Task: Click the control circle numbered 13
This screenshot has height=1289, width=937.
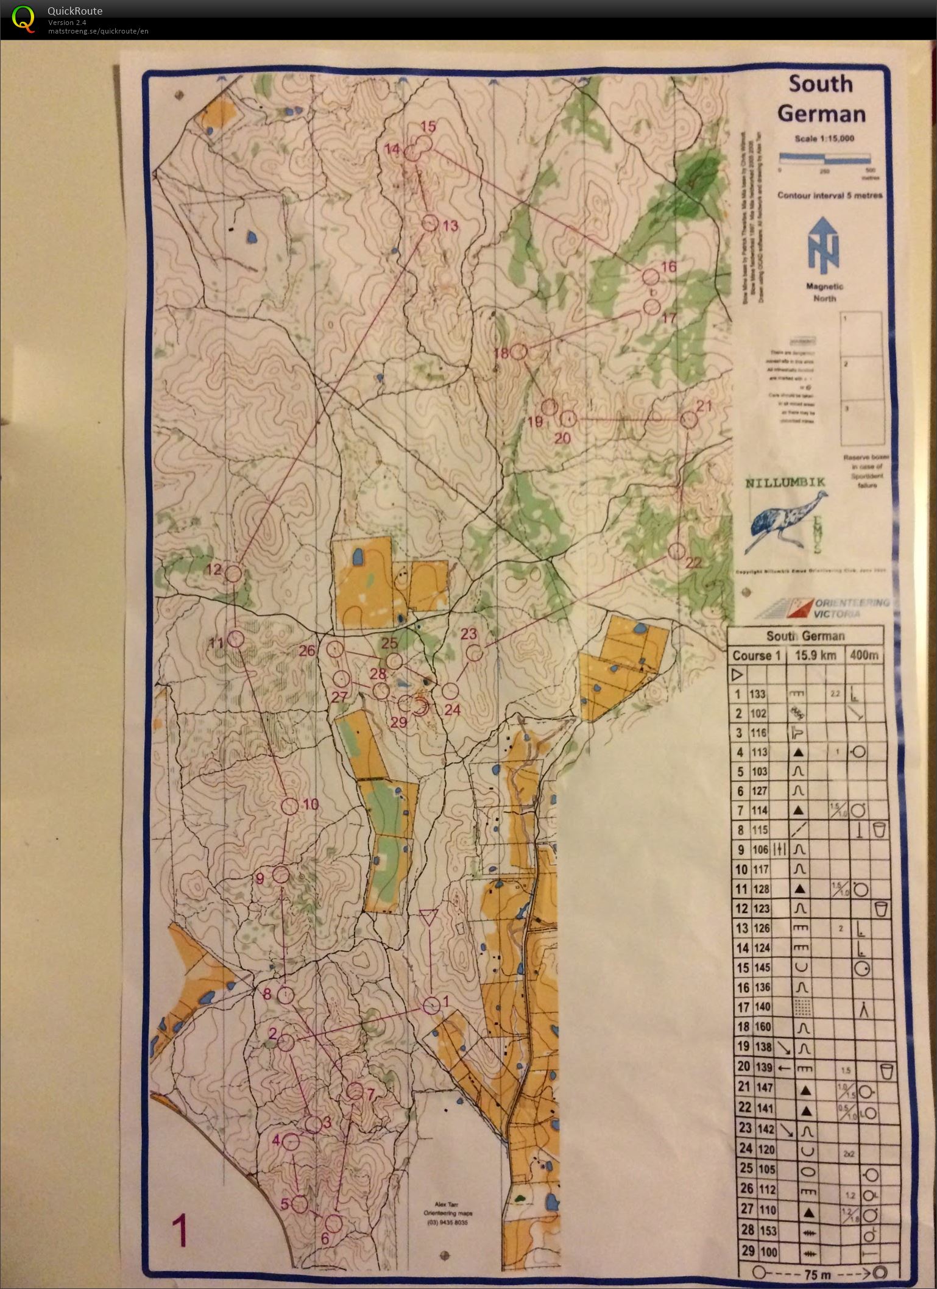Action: click(x=430, y=223)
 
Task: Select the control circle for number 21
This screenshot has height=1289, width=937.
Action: click(x=688, y=420)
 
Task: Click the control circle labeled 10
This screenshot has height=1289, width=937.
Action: click(x=290, y=806)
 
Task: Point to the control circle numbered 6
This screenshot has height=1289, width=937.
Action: click(x=333, y=1223)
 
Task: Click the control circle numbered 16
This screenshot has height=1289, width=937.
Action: click(x=651, y=277)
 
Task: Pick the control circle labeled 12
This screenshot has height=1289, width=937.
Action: click(x=233, y=573)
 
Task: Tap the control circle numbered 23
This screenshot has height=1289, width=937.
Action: click(x=474, y=653)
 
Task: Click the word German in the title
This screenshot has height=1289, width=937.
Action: click(x=821, y=114)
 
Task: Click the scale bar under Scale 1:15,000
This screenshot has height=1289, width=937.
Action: click(x=824, y=158)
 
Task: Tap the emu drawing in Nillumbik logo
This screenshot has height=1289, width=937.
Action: click(x=786, y=518)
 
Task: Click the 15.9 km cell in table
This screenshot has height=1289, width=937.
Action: click(x=813, y=656)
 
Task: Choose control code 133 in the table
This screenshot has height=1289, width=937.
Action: click(x=758, y=694)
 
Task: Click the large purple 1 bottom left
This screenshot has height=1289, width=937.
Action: click(x=179, y=1231)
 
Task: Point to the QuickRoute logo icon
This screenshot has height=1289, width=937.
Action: click(x=23, y=19)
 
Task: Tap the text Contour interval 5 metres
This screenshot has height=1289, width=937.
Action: click(x=829, y=196)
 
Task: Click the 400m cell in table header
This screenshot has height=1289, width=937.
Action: click(x=864, y=656)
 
